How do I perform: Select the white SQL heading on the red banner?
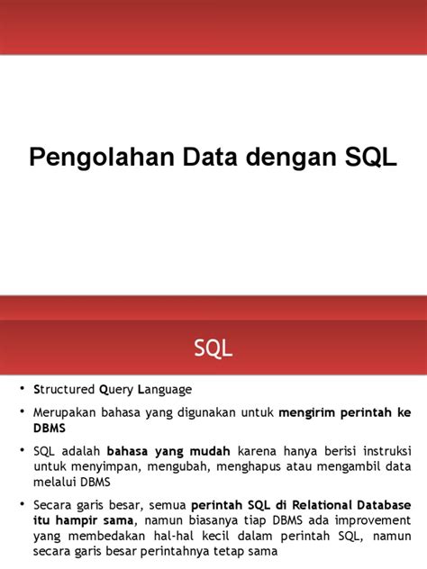point(213,348)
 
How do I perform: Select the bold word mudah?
point(210,449)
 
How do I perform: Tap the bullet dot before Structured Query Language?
point(24,390)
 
